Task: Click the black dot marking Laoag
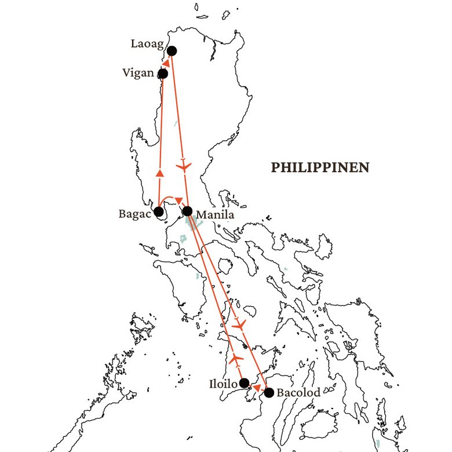tap(172, 51)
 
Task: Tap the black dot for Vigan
tap(163, 74)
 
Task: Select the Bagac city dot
tap(159, 212)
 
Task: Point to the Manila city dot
tap(187, 211)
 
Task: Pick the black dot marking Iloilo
tap(245, 382)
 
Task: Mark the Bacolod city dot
tap(269, 392)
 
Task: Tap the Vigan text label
tap(138, 73)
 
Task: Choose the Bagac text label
tap(134, 213)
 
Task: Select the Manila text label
tap(215, 216)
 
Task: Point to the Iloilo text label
tap(224, 384)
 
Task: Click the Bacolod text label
tap(298, 393)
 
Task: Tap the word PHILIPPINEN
tap(320, 167)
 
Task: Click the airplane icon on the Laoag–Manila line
tap(184, 167)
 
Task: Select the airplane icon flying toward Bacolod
tap(239, 325)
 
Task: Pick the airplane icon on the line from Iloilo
tap(235, 359)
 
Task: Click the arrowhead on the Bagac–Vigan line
tap(161, 173)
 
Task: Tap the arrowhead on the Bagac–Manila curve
tap(178, 201)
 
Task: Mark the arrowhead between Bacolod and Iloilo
tap(257, 387)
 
